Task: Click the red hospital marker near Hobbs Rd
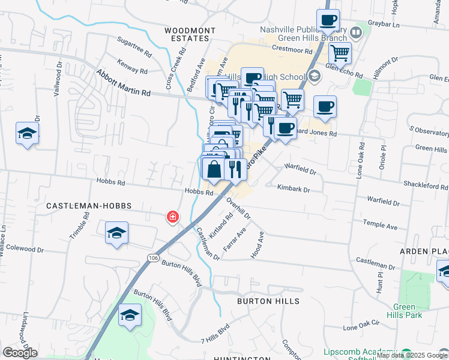tap(172, 217)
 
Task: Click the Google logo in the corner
tap(20, 353)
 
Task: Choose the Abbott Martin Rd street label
tap(123, 83)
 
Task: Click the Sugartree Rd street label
tap(134, 47)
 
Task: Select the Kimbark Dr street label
tap(293, 188)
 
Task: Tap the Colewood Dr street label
tap(19, 247)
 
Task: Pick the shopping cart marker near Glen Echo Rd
tap(340, 53)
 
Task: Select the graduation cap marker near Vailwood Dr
tap(27, 134)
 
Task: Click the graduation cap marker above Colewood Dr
tap(116, 233)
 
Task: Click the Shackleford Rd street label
tap(425, 186)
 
